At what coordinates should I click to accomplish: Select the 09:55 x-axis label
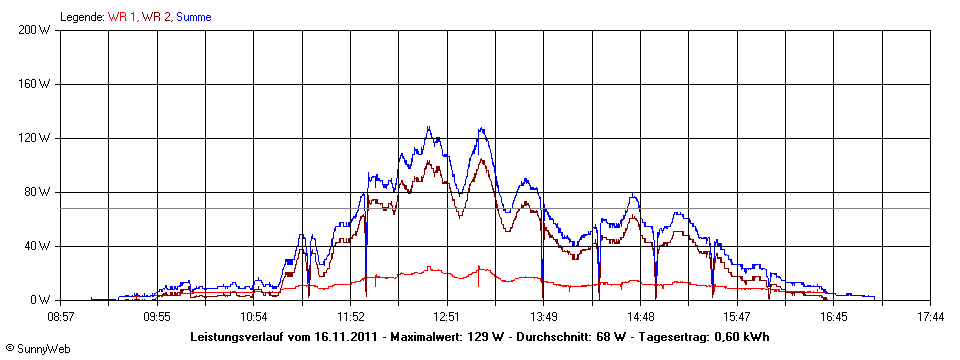(157, 316)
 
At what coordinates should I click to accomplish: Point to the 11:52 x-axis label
(350, 316)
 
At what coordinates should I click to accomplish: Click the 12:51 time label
(446, 316)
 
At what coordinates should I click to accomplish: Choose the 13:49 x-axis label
(543, 316)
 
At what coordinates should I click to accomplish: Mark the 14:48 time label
(640, 316)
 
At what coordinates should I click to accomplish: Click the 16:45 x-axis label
(833, 316)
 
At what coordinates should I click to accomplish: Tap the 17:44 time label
(930, 316)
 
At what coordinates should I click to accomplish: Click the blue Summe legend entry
(193, 17)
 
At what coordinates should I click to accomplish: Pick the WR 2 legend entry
(156, 17)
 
